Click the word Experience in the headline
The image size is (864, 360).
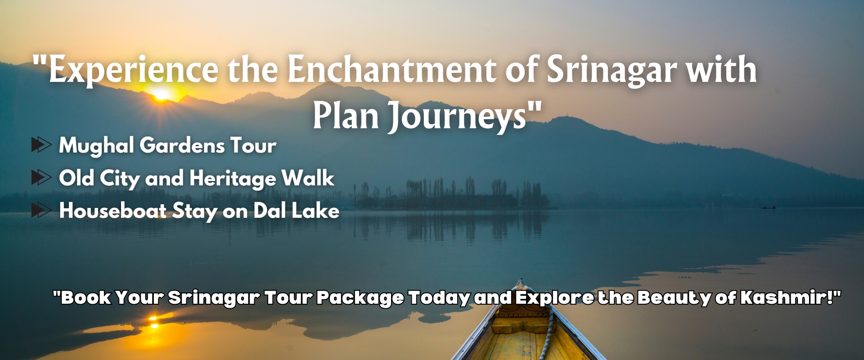(x=134, y=70)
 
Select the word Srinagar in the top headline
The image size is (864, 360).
(x=612, y=70)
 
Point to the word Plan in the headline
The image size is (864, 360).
(x=346, y=115)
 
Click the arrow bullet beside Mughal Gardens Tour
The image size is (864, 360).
(x=41, y=145)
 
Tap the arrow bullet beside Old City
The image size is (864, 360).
(x=41, y=178)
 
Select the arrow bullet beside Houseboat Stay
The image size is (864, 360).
(x=41, y=210)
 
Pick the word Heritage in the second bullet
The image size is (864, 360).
(x=232, y=179)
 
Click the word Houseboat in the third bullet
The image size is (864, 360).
(x=113, y=211)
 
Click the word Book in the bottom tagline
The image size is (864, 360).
(x=85, y=297)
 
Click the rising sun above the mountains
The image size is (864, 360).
(x=161, y=94)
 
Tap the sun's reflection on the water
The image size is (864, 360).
(x=153, y=321)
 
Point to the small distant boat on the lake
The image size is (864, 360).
(x=768, y=207)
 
